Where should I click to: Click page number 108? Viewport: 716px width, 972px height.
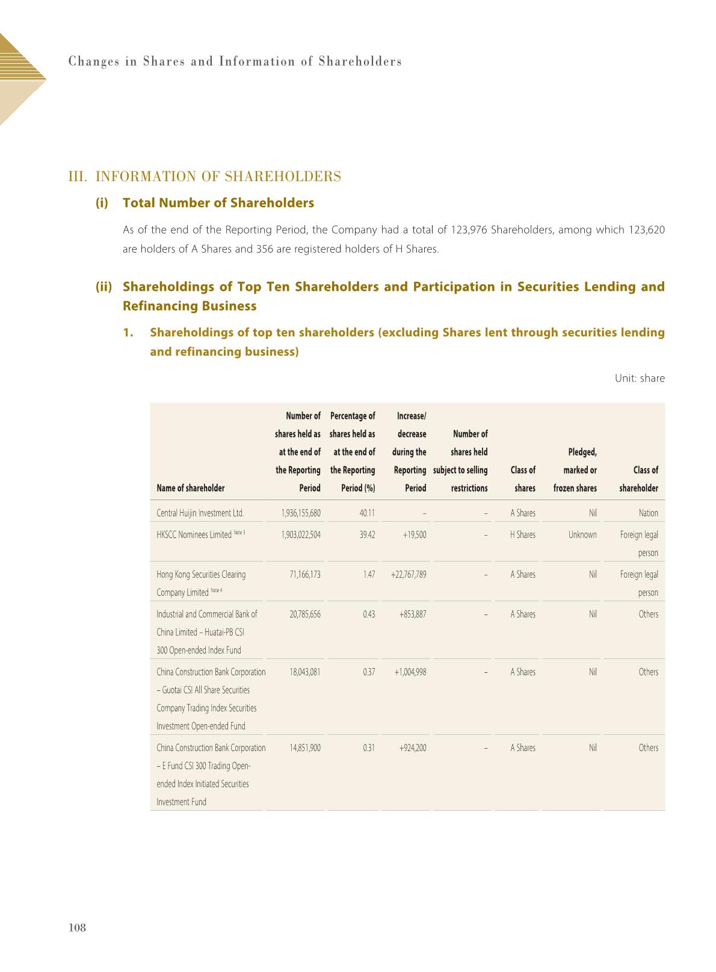point(78,927)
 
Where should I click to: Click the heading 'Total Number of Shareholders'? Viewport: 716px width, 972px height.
point(218,203)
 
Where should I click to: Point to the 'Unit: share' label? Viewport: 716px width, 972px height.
point(640,379)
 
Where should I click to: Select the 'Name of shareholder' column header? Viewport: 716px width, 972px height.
point(191,488)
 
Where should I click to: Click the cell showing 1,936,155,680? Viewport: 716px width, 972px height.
point(301,513)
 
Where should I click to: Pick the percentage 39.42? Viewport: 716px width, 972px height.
point(367,535)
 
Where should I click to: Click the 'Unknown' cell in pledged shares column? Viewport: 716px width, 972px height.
point(582,535)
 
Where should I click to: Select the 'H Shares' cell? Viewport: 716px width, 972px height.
point(522,535)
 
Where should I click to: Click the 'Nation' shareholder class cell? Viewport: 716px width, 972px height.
point(648,513)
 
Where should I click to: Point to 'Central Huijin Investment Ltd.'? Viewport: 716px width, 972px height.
point(200,513)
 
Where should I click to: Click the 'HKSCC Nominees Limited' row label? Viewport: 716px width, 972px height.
point(194,535)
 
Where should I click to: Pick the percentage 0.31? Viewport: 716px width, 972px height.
point(369,748)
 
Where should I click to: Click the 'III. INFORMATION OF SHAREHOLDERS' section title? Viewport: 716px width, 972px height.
point(205,176)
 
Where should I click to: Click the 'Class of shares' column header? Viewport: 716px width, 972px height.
point(523,479)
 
